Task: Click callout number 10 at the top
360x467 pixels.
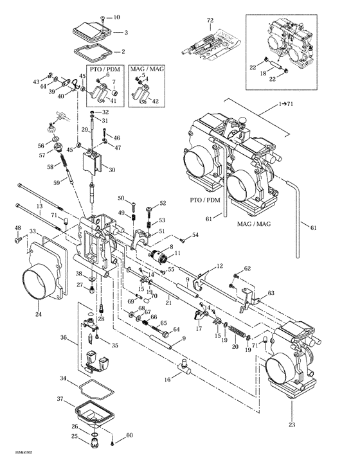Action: [116, 17]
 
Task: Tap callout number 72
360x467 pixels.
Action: [209, 21]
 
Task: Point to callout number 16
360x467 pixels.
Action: [168, 380]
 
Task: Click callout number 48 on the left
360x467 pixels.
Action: [17, 228]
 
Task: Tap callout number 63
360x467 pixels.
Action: [271, 292]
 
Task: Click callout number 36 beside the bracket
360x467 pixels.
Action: [64, 337]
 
